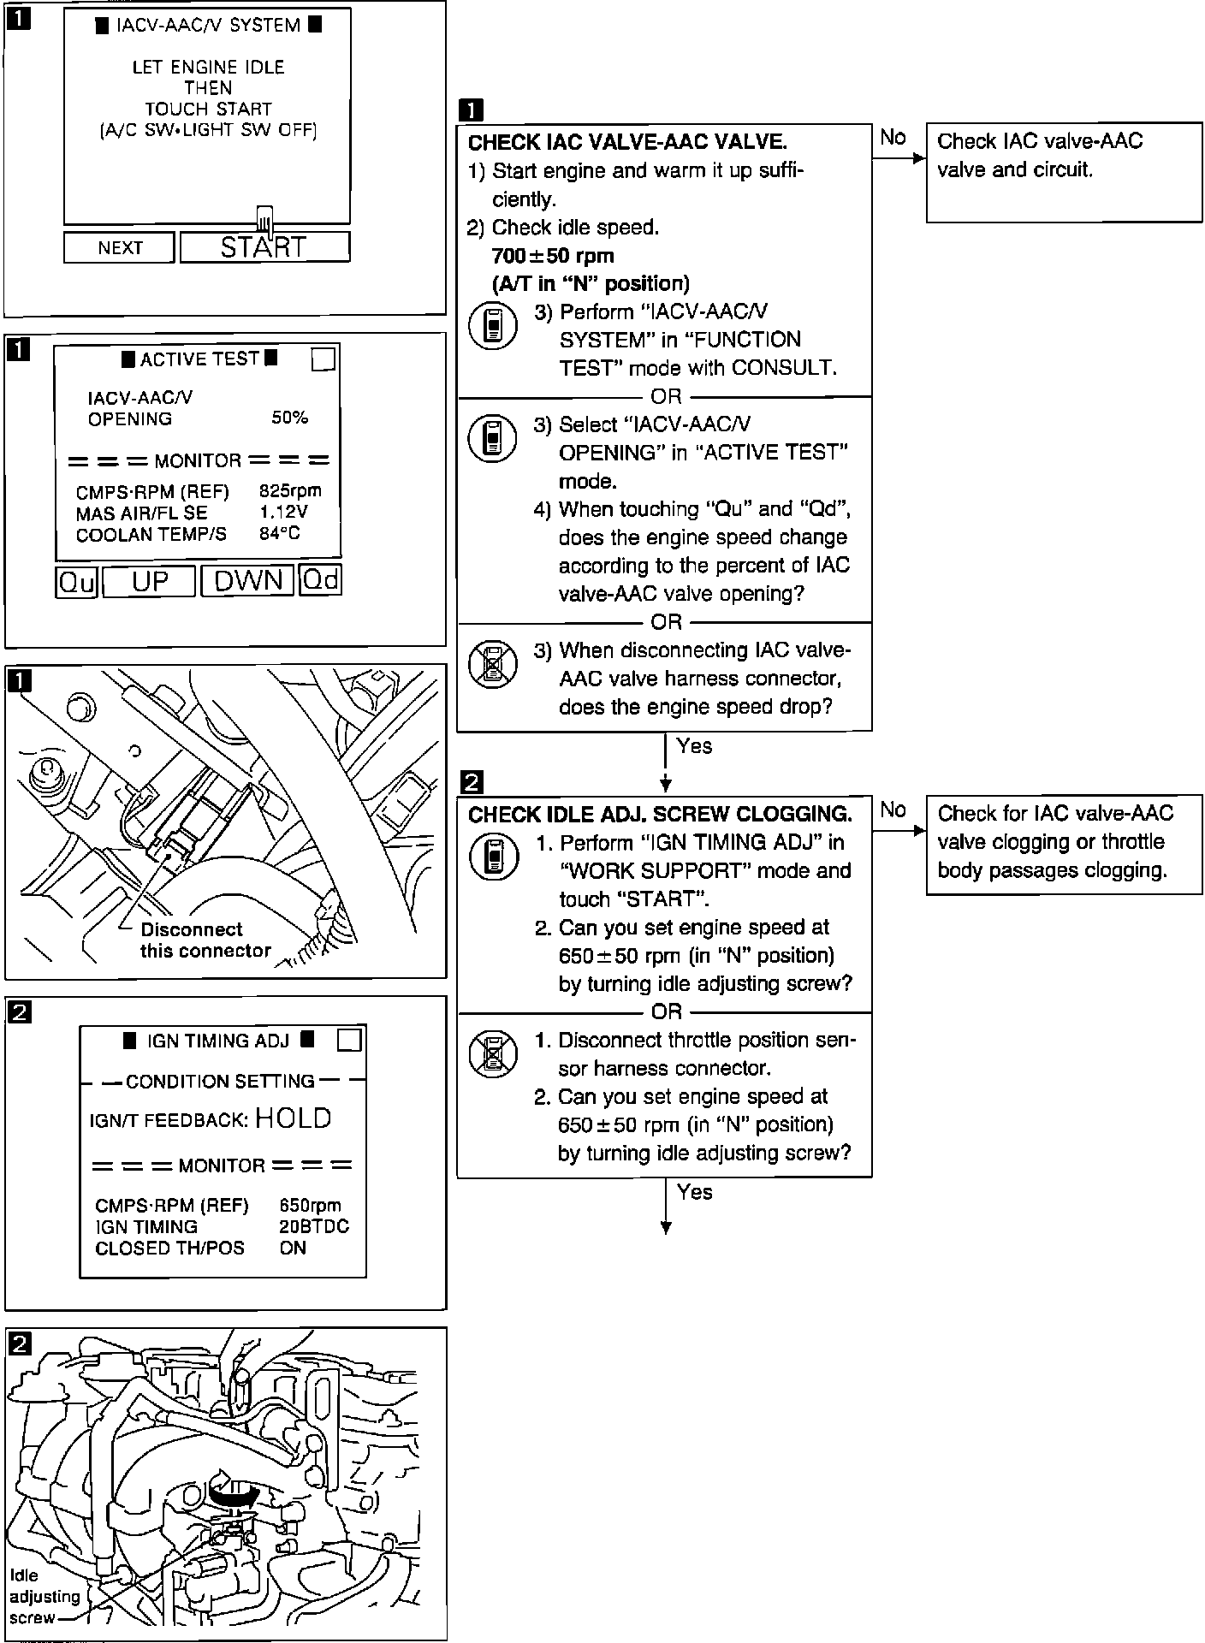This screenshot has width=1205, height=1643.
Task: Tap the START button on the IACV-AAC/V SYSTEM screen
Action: click(x=264, y=247)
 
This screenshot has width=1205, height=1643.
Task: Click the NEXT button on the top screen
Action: click(x=119, y=248)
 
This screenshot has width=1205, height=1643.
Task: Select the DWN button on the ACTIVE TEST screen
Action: click(x=247, y=581)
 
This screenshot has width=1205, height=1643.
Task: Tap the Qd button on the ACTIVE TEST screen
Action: click(x=321, y=581)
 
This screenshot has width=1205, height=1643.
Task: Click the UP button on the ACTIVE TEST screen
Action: click(x=150, y=582)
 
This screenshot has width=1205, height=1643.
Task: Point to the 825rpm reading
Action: click(x=290, y=491)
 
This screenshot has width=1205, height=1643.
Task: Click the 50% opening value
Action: click(x=289, y=418)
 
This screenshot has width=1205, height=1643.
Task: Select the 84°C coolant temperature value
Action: click(x=280, y=534)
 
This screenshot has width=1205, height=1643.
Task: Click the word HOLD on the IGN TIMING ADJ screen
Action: click(x=293, y=1118)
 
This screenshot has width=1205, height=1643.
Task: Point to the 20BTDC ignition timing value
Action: click(x=314, y=1226)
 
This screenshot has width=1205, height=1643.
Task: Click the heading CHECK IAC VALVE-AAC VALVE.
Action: click(x=627, y=142)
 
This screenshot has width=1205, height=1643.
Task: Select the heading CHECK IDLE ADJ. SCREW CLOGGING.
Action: click(x=660, y=815)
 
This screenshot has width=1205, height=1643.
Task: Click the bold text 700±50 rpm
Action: click(x=553, y=256)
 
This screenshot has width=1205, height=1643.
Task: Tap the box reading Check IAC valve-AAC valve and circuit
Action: click(x=1064, y=173)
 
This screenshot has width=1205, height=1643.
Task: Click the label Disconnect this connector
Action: click(x=205, y=940)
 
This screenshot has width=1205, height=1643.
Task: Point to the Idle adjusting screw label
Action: click(x=45, y=1596)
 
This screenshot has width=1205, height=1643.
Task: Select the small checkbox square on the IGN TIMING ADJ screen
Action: click(x=350, y=1041)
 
